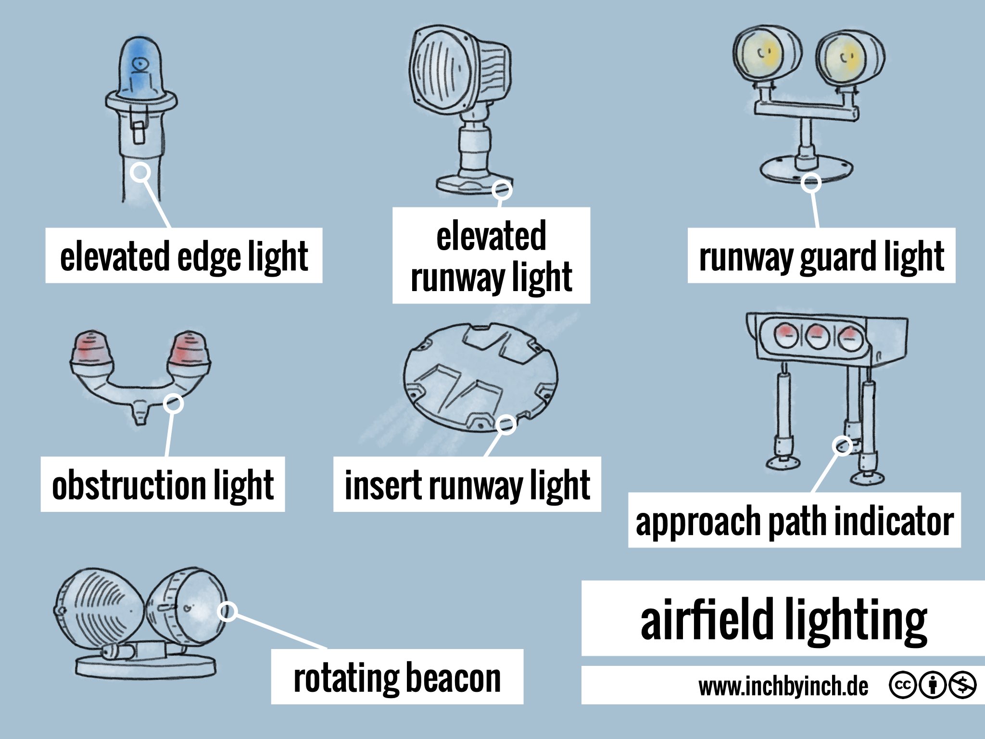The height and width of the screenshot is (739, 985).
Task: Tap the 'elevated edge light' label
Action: [x=184, y=256]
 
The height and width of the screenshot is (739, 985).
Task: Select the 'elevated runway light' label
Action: [x=491, y=256]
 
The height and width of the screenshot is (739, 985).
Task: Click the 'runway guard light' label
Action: [x=821, y=256]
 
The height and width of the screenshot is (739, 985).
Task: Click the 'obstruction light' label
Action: [x=163, y=484]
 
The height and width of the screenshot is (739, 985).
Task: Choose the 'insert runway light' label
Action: [x=467, y=484]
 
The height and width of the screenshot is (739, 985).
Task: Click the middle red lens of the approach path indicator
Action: [x=816, y=335]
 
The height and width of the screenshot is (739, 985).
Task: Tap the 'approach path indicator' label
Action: [x=794, y=521]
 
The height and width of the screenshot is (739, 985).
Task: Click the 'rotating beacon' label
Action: [x=397, y=677]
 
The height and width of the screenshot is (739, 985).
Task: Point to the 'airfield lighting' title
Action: [x=783, y=619]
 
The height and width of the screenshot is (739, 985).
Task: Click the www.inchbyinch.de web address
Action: [x=783, y=686]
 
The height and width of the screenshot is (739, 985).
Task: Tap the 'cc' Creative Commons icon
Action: [x=903, y=685]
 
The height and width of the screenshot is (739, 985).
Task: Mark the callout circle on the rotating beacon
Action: [x=227, y=612]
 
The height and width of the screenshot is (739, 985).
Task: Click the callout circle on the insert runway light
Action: [x=506, y=424]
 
